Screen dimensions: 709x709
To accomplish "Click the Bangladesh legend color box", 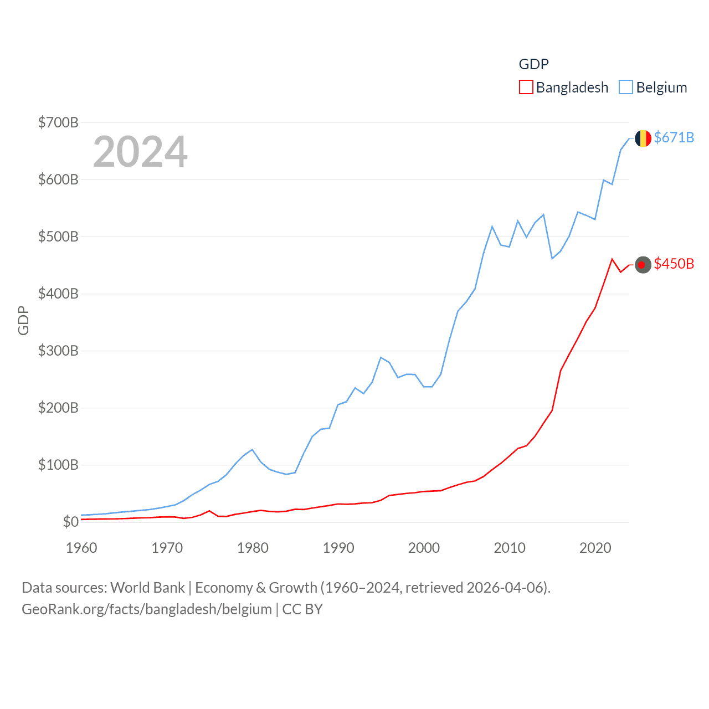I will click(526, 88).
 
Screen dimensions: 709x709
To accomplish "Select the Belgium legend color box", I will click(626, 88).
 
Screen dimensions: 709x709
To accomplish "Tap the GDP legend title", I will click(533, 64).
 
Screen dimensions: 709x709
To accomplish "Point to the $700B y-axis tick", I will click(58, 122).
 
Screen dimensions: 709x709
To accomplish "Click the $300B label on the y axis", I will click(58, 351).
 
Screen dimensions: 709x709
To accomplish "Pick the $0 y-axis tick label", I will click(70, 522).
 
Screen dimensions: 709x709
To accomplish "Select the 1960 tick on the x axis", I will click(81, 548).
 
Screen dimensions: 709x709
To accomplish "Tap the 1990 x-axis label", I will click(338, 548).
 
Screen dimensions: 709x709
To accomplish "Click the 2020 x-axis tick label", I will click(595, 548).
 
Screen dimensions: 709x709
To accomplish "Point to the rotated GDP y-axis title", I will click(23, 320).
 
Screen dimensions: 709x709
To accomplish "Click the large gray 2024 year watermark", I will click(140, 152).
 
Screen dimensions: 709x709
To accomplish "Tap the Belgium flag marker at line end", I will click(643, 138).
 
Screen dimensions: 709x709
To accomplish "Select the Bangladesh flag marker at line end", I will click(643, 265).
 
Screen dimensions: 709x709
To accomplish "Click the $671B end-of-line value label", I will click(674, 137).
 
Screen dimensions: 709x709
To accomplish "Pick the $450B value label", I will click(674, 264).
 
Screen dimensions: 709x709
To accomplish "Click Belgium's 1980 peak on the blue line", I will click(253, 449).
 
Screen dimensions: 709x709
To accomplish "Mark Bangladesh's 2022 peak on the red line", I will click(612, 259).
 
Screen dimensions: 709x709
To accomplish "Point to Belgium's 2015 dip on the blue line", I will click(552, 259).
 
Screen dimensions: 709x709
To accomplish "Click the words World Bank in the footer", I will click(147, 588).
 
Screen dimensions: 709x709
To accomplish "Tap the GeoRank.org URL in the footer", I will click(147, 609).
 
